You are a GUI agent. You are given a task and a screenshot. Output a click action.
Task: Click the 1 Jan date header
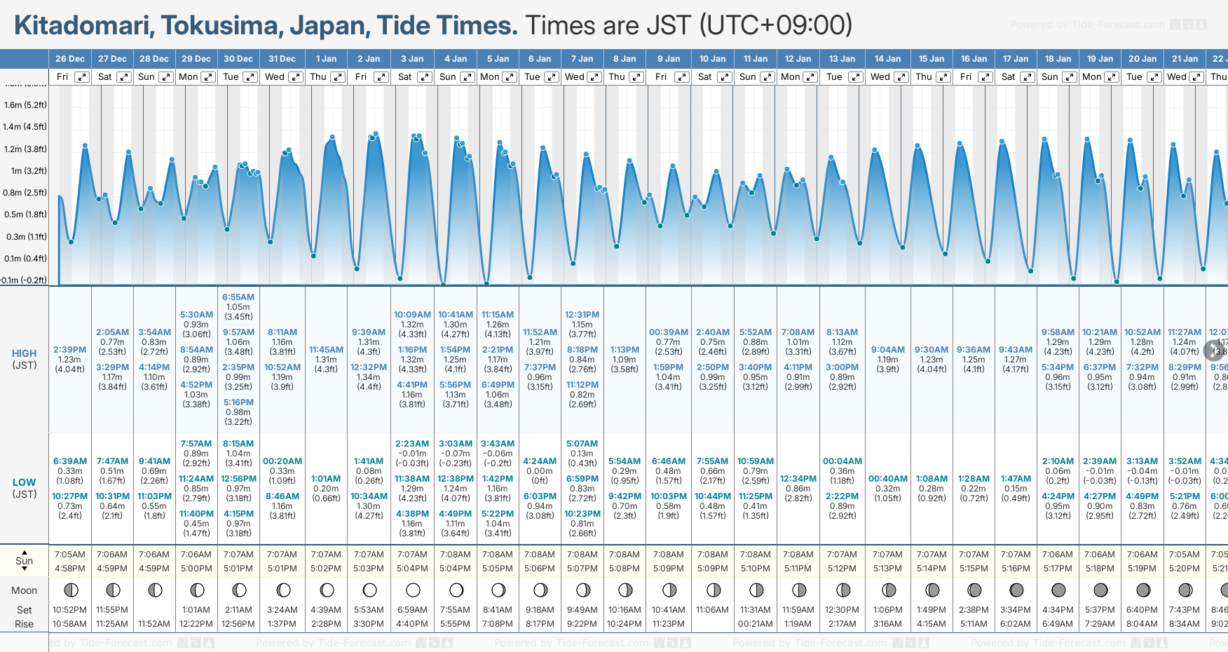(x=326, y=59)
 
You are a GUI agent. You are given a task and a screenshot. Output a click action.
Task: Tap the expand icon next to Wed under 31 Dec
(x=295, y=77)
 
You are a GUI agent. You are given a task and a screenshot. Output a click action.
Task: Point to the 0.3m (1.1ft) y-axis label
(x=25, y=236)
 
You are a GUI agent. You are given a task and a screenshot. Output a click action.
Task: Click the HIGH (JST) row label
(x=25, y=359)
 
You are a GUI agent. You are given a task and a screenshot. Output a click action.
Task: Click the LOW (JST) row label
(x=25, y=488)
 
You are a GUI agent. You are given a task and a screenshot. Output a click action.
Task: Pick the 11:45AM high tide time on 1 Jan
(x=326, y=349)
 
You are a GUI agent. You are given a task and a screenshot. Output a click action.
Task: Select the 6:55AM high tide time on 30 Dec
(x=238, y=297)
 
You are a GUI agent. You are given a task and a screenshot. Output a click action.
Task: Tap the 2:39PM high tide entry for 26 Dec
(x=70, y=349)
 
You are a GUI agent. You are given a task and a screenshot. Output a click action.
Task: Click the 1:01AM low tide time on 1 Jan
(x=326, y=479)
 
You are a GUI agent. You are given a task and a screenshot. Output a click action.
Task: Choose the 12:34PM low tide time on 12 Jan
(x=798, y=479)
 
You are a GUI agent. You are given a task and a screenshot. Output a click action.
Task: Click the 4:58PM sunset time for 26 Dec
(x=70, y=569)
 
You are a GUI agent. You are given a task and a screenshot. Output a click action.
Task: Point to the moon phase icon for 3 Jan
(x=413, y=590)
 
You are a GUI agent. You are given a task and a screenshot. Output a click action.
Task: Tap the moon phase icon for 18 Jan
(x=1058, y=590)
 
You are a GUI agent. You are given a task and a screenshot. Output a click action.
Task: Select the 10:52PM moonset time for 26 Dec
(x=70, y=610)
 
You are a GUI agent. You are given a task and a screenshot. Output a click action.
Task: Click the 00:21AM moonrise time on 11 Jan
(x=756, y=624)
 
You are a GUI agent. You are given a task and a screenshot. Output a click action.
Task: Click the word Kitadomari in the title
(x=83, y=26)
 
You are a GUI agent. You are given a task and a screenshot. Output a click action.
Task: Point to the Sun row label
(x=25, y=561)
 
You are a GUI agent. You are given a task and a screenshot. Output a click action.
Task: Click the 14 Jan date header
(x=888, y=59)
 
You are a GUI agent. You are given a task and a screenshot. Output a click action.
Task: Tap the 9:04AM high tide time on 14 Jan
(x=888, y=349)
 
